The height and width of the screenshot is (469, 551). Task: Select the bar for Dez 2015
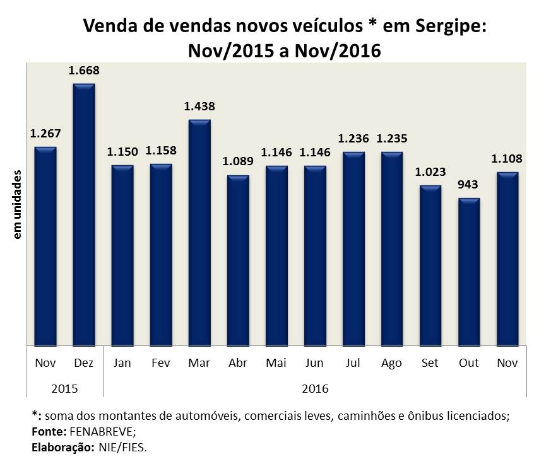point(84,214)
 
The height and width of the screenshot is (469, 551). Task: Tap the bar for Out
point(469,272)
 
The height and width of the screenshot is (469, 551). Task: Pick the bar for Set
point(430,265)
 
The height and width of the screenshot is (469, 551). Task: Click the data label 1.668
point(84,71)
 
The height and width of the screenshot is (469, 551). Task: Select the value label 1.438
point(199,107)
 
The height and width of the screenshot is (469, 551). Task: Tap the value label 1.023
point(430,172)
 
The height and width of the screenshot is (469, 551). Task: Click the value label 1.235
point(392,139)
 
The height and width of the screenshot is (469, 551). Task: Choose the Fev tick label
point(161,363)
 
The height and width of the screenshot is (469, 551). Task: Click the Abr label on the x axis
point(238,363)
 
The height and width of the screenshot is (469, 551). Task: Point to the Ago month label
point(392,363)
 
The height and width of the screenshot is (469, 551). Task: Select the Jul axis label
point(353,363)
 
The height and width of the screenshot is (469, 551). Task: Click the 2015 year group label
point(64,388)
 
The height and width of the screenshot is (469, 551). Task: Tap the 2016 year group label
point(315,388)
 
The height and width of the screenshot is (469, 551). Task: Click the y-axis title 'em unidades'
point(18,204)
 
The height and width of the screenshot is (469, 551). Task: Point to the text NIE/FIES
point(125,448)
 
